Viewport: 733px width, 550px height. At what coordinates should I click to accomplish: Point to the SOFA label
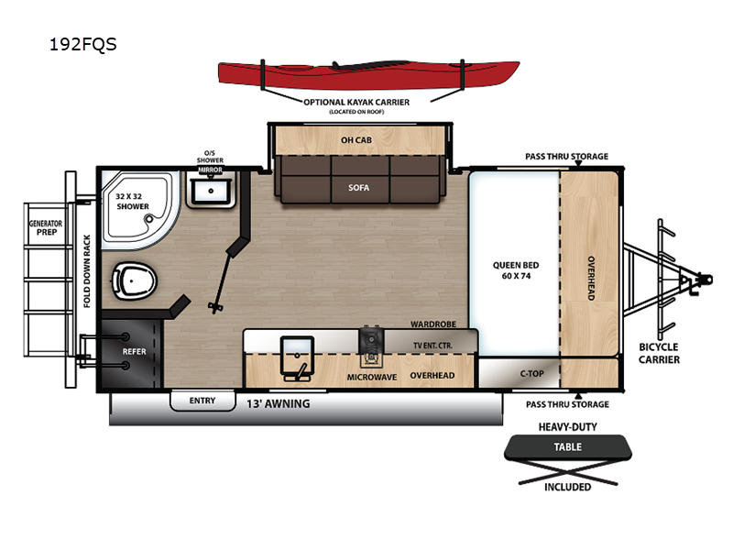click(357, 188)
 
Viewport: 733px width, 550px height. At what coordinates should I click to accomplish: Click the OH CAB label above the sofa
click(357, 141)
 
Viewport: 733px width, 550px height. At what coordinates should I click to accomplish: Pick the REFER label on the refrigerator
click(135, 351)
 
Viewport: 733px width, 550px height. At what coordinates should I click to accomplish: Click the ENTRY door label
click(202, 401)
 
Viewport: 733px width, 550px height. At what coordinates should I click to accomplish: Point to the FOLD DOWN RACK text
click(87, 270)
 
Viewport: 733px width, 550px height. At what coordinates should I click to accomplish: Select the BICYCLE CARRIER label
click(659, 353)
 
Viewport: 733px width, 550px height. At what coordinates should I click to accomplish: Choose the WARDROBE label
click(432, 324)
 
